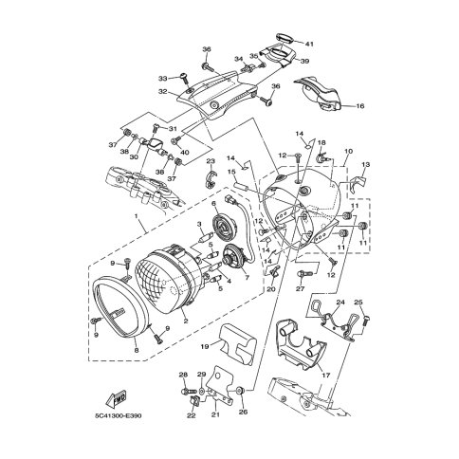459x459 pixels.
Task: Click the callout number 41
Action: (309, 44)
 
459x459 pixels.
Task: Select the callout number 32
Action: (162, 92)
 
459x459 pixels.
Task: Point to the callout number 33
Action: (162, 79)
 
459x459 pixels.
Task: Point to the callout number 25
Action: (359, 303)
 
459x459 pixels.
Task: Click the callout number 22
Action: (190, 415)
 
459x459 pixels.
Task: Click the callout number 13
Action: (366, 165)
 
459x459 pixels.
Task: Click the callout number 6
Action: (214, 203)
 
